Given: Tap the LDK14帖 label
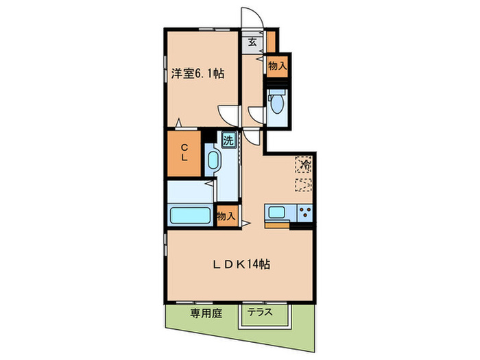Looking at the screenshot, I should coord(239,264).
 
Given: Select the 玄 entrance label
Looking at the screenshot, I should coord(252,42).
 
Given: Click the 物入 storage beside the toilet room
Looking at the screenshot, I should coord(277,67).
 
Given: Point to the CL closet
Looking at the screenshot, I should coord(184,151).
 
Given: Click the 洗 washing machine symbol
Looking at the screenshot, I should coord(228,140).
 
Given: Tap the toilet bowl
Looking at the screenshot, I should coord(276,103).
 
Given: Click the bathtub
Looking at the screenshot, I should coord(191,216).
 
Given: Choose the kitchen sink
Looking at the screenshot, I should coord(277,213).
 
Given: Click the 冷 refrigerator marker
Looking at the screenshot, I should coord(302,165).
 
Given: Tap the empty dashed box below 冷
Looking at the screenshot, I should coord(302,184).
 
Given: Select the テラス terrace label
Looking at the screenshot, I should coord(260,312).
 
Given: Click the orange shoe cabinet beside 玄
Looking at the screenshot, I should coord(271,41).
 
